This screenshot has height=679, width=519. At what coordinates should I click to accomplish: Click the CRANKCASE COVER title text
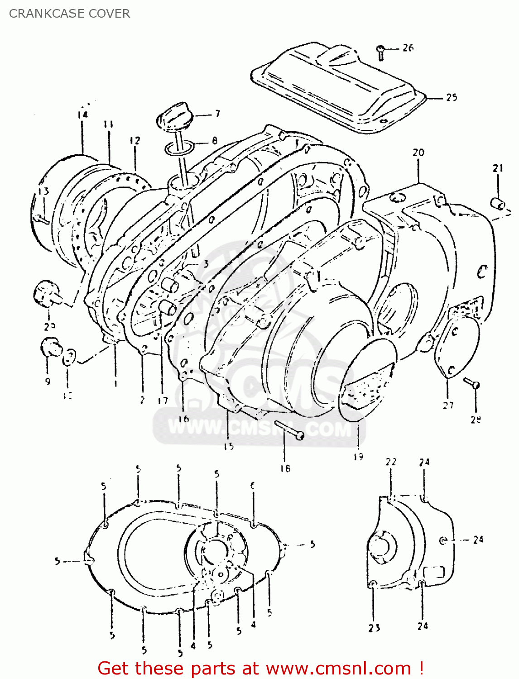pyautogui.click(x=69, y=14)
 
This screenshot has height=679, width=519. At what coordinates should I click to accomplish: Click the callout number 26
pyautogui.click(x=408, y=48)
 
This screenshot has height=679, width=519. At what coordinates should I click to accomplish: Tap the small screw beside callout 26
pyautogui.click(x=381, y=53)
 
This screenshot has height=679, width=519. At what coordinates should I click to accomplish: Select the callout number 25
pyautogui.click(x=451, y=97)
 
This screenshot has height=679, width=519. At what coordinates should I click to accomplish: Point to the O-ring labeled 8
pyautogui.click(x=180, y=148)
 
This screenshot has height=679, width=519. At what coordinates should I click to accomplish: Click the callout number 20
pyautogui.click(x=418, y=153)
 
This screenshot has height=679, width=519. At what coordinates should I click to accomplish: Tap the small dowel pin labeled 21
pyautogui.click(x=498, y=203)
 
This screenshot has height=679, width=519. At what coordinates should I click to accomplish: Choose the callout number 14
pyautogui.click(x=82, y=115)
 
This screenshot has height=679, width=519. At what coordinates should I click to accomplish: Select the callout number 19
pyautogui.click(x=358, y=457)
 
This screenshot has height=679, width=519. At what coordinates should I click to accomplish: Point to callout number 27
pyautogui.click(x=448, y=406)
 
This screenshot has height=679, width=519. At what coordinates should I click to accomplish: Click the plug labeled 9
pyautogui.click(x=49, y=347)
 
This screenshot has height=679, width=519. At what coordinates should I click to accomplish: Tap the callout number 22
pyautogui.click(x=391, y=462)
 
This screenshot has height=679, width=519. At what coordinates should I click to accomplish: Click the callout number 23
pyautogui.click(x=374, y=628)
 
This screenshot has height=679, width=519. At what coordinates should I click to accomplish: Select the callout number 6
pyautogui.click(x=253, y=486)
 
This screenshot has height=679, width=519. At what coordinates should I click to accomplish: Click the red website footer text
pyautogui.click(x=260, y=668)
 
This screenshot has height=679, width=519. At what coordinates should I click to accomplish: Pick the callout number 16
pyautogui.click(x=183, y=419)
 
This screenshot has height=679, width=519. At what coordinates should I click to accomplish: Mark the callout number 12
pyautogui.click(x=135, y=141)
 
